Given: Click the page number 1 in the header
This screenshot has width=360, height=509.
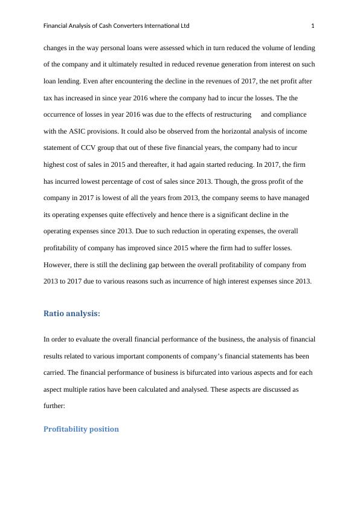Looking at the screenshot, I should pos(313,26).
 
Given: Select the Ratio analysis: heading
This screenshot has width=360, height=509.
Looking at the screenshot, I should pos(72,313).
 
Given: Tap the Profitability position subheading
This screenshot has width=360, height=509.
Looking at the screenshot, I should pos(81,429).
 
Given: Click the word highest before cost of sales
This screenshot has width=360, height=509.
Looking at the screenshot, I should pos(58,164).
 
